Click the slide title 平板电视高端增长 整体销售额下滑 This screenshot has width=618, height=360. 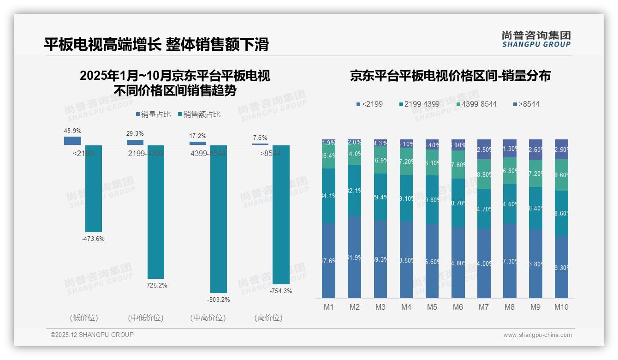tap(156, 44)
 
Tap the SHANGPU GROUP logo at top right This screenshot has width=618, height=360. tap(536, 39)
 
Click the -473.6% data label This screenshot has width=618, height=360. tap(93, 239)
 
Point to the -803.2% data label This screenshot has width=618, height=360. tap(218, 300)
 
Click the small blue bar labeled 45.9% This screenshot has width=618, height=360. tap(72, 141)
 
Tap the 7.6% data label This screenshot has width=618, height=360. tap(260, 138)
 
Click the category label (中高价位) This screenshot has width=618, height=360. tap(208, 318)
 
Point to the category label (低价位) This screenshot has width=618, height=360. tap(84, 318)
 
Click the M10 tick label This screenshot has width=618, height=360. tap(561, 307)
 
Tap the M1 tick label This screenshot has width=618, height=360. tap(328, 307)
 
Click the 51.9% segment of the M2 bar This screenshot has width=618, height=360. tap(354, 257)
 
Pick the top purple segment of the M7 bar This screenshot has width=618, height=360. tap(484, 149)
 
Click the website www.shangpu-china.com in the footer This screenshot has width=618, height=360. tap(537, 335)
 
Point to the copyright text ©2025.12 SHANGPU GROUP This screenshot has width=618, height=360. tap(92, 335)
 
